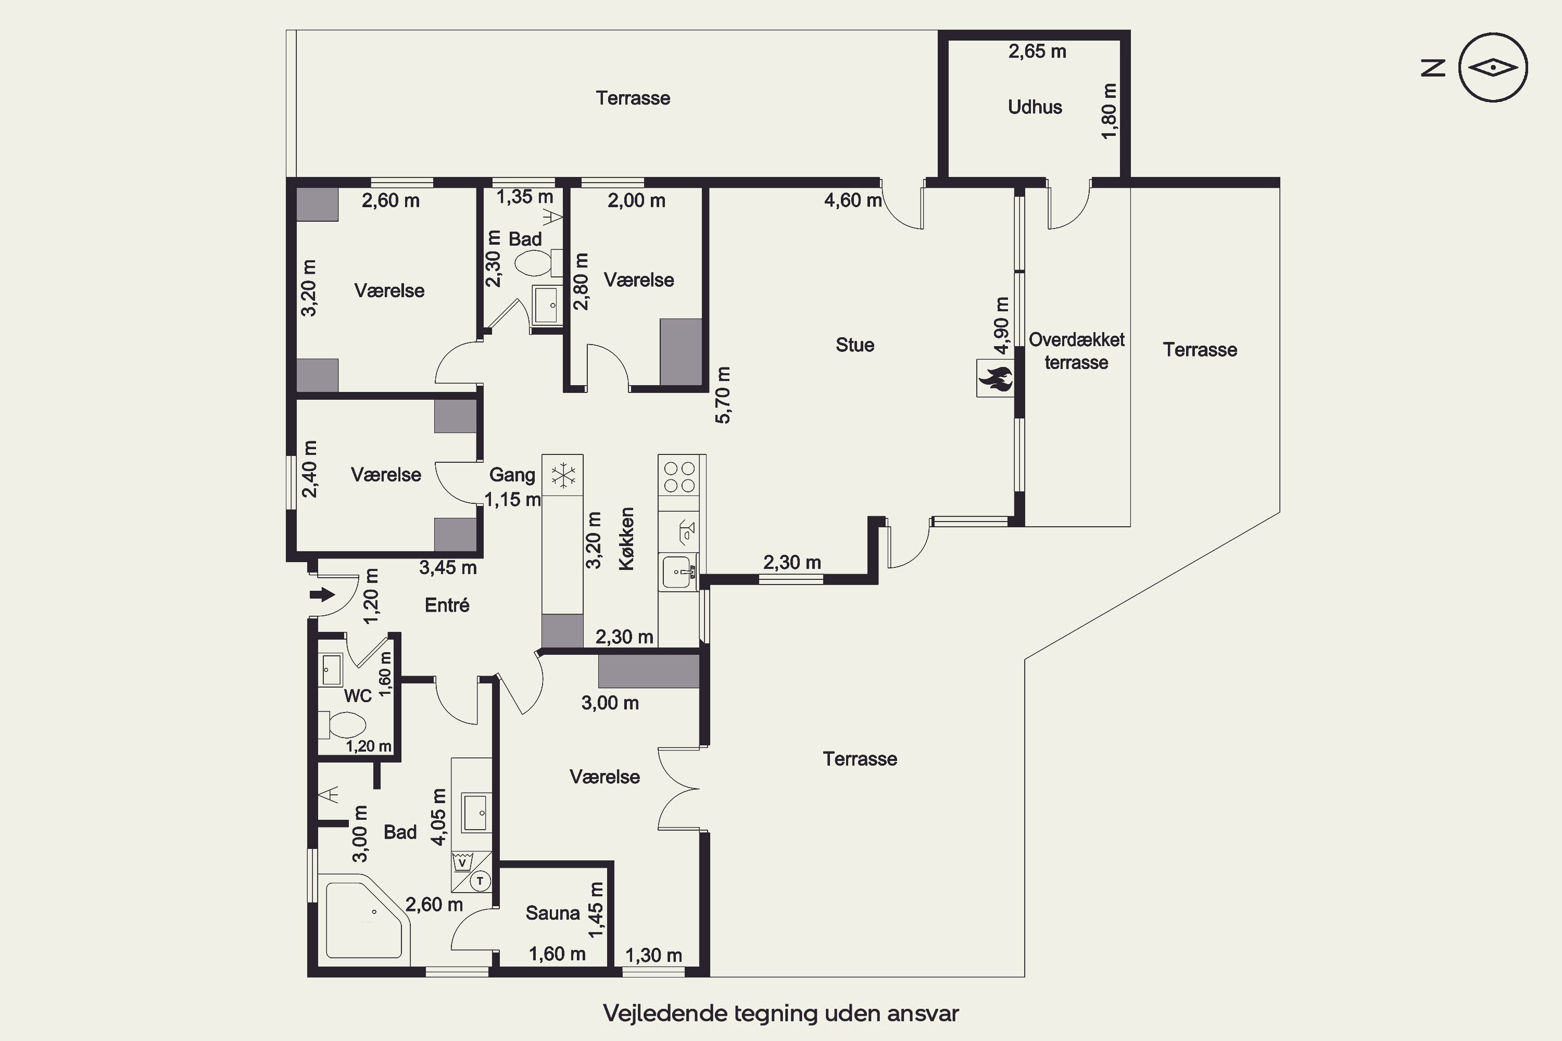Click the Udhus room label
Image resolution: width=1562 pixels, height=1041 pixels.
click(1035, 107)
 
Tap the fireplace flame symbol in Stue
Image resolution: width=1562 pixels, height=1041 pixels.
click(995, 378)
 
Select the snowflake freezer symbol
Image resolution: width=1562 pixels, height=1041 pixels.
click(562, 475)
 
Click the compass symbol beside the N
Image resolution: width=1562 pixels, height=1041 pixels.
click(1493, 67)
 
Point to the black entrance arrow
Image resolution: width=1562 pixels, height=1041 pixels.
click(322, 594)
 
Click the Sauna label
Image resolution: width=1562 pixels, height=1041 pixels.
click(552, 913)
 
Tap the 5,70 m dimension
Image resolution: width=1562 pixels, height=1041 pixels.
click(723, 395)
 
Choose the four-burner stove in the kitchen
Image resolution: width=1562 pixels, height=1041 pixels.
click(680, 477)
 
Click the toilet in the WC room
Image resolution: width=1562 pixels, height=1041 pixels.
click(342, 725)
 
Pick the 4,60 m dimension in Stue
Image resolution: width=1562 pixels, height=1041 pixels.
click(853, 200)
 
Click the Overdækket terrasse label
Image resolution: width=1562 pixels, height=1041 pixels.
click(1077, 351)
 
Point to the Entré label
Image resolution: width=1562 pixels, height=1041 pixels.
click(447, 605)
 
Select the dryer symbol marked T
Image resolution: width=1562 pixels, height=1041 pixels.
click(480, 881)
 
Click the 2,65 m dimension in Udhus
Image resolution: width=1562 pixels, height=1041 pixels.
click(1037, 51)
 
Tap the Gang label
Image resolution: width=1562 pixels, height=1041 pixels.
click(512, 475)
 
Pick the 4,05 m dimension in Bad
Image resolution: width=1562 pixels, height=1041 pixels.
click(439, 817)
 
